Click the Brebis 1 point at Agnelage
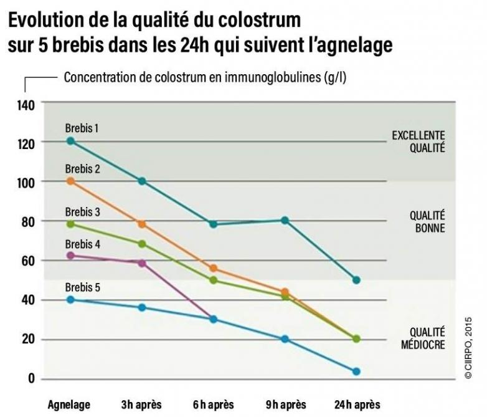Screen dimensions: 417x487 (x=70, y=141)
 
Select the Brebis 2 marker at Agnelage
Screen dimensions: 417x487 (x=70, y=181)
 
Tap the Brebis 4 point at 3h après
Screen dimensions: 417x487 (x=142, y=263)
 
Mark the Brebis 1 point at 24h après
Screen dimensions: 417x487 (x=356, y=280)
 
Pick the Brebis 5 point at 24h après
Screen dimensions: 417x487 (x=356, y=371)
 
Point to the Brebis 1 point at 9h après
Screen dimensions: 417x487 (x=285, y=220)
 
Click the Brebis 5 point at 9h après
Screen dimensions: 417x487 (x=285, y=339)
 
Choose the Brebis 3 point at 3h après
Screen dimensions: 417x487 (x=142, y=244)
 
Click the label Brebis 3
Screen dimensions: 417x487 (x=82, y=212)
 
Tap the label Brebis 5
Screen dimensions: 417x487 (x=82, y=287)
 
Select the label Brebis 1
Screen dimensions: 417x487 (x=82, y=128)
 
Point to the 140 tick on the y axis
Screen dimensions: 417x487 (x=26, y=103)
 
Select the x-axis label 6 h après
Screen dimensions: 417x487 (x=213, y=405)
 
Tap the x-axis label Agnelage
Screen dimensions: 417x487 (x=69, y=405)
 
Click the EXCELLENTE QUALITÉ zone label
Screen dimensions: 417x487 (x=418, y=141)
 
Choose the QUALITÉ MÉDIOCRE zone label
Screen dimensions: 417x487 (x=427, y=338)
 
